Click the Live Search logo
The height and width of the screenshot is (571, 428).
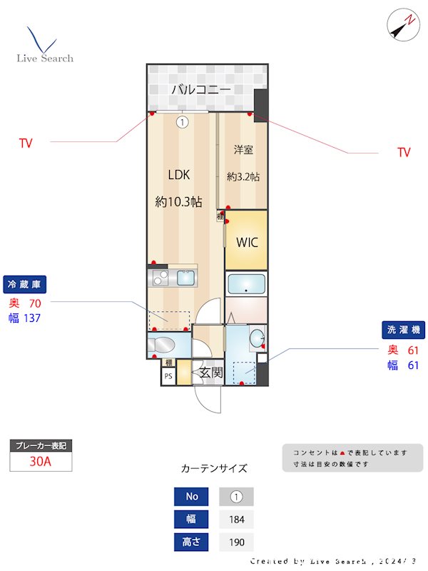click(x=44, y=46)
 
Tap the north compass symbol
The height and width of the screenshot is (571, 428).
click(x=403, y=24)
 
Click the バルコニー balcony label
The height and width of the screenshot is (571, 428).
click(x=200, y=90)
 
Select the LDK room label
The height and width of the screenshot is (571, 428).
click(x=179, y=175)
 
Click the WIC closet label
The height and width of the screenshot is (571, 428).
click(x=247, y=242)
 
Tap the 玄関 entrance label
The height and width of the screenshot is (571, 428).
click(x=210, y=372)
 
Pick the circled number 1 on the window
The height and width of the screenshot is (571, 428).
click(x=183, y=122)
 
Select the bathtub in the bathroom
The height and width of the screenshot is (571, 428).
click(x=246, y=284)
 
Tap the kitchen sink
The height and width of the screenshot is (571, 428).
click(x=185, y=278)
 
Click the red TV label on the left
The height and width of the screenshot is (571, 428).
click(x=26, y=143)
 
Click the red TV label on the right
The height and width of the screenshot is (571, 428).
click(x=404, y=152)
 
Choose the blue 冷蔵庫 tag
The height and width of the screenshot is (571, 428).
click(x=25, y=284)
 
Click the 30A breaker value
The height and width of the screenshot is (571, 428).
click(x=41, y=461)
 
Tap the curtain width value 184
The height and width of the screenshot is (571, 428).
click(x=236, y=519)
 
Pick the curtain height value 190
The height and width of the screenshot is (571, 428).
click(x=236, y=542)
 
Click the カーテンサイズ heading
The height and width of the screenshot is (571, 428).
click(x=214, y=469)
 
